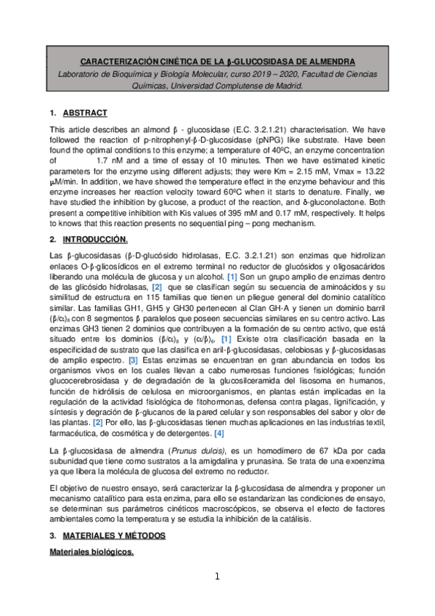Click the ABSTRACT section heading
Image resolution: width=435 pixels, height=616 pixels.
coord(86,113)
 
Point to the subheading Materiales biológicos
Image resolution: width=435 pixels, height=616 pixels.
coord(91,553)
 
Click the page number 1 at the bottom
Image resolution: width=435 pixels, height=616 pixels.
coord(216,577)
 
